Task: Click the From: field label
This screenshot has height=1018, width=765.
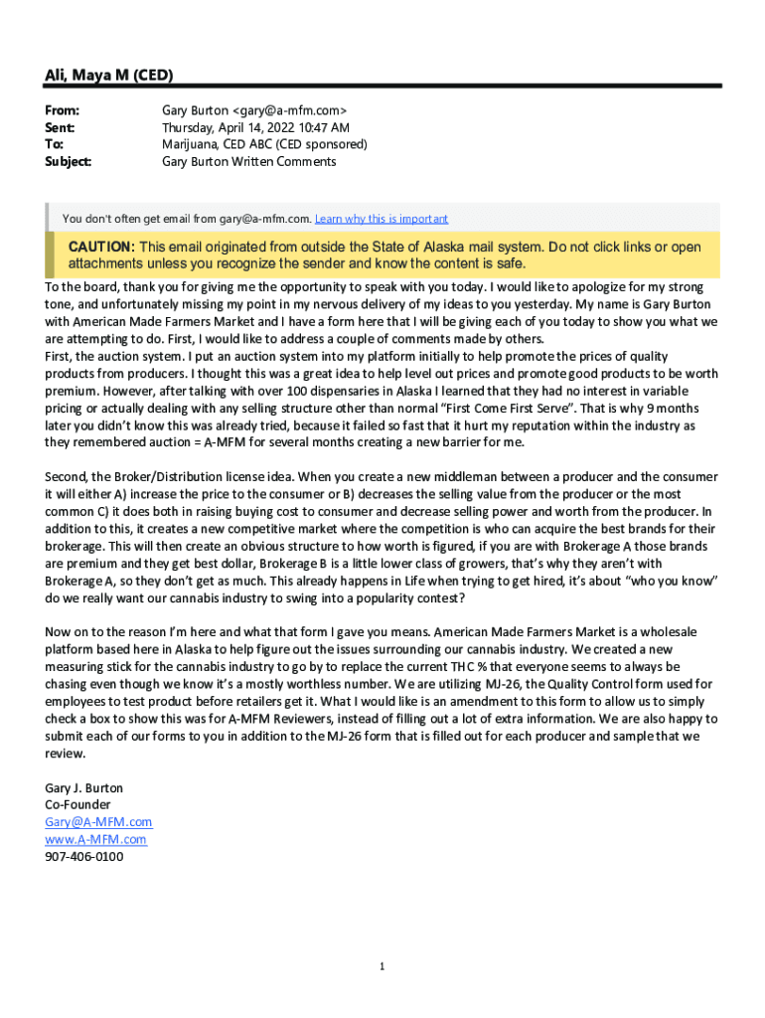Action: pos(62,111)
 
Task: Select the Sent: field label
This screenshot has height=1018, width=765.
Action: pos(60,128)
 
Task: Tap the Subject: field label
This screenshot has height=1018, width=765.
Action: pos(68,161)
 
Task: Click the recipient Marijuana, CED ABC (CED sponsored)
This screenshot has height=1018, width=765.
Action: pos(264,144)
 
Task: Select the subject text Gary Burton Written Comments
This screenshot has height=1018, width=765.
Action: pos(248,161)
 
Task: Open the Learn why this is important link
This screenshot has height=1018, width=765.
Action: pos(382,219)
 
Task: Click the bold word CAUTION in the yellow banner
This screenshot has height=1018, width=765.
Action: pos(99,247)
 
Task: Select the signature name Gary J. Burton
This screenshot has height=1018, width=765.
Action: pos(84,787)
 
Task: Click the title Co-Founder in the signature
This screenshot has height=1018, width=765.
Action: pos(78,804)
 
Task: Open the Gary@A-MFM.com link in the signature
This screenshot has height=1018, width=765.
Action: pos(98,822)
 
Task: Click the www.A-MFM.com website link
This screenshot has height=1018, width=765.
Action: pos(95,839)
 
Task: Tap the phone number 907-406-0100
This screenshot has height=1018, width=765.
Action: pos(84,856)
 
